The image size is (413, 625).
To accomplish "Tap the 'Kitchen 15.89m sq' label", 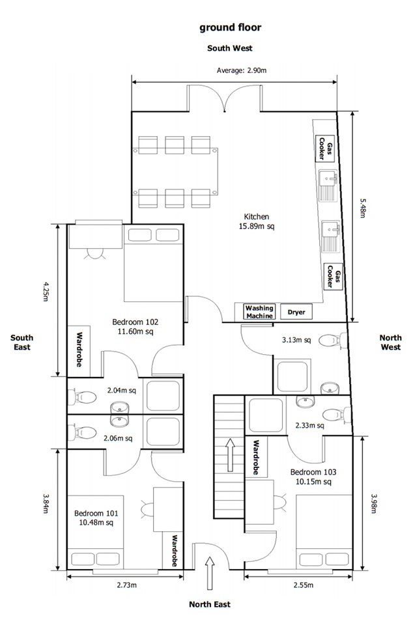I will (257, 221).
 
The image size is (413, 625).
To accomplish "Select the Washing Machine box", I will (259, 312).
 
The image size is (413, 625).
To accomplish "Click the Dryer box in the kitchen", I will (296, 312).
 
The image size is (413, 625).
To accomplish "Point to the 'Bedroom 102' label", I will (135, 326).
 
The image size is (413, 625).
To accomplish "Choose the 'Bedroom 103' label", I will (313, 477).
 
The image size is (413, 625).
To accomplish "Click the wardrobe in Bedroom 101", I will (174, 551).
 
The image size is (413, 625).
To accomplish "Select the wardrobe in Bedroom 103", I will (257, 457).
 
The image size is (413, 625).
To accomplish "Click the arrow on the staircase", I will (229, 454).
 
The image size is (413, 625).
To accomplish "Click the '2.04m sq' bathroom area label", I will (121, 391).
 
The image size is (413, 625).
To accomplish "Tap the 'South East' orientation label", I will (21, 342).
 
